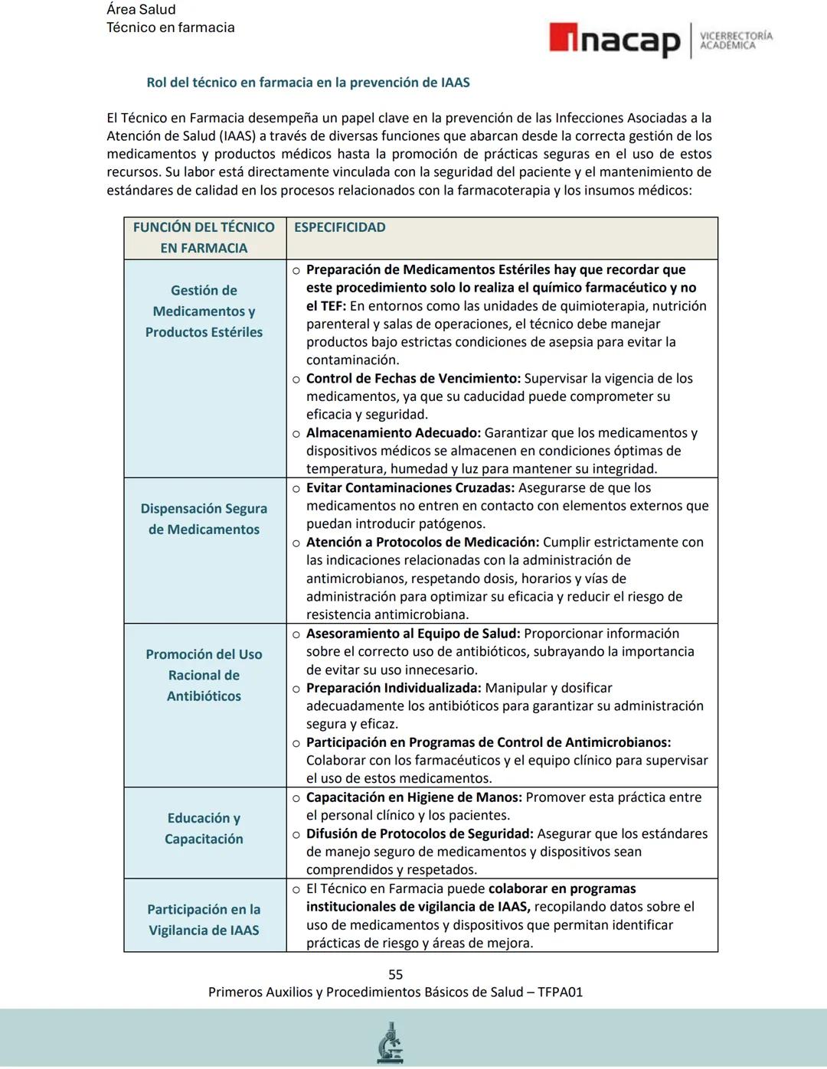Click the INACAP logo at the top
(615, 40)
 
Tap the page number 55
(395, 974)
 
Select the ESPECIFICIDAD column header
(339, 227)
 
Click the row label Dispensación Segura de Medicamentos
(204, 519)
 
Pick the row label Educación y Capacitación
(204, 828)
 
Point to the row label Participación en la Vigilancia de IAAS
(204, 920)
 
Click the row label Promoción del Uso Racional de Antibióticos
(204, 675)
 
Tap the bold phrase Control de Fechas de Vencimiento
(413, 378)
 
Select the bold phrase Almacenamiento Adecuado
(393, 432)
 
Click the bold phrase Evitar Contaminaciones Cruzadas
(410, 487)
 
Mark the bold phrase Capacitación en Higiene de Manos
(413, 797)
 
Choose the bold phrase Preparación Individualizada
(393, 688)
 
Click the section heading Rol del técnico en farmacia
(308, 82)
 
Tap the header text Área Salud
(141, 9)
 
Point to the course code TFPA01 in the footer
(560, 992)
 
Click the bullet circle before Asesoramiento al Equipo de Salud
(296, 634)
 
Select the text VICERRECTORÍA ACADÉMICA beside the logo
(736, 41)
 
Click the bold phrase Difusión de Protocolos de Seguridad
(419, 833)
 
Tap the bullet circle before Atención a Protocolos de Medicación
(296, 543)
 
